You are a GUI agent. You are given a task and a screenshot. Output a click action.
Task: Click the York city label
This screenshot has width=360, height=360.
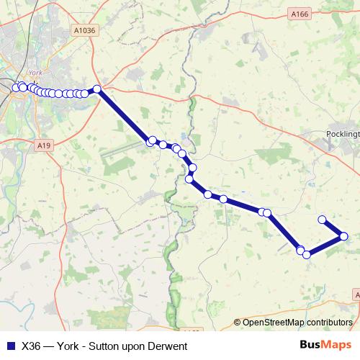coord(34,73)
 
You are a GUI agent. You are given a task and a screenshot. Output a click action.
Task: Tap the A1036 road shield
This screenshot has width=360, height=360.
coord(84,30)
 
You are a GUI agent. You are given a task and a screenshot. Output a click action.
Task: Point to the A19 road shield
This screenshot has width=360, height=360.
coord(45,145)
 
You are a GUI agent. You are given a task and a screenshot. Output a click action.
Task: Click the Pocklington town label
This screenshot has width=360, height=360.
coord(342,135)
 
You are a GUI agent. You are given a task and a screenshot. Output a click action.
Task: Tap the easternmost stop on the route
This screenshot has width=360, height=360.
coord(344,236)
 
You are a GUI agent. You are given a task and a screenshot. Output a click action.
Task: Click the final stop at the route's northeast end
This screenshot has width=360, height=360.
coord(323,220)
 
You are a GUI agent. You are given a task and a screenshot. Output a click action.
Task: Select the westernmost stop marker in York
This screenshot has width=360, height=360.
coord(15,88)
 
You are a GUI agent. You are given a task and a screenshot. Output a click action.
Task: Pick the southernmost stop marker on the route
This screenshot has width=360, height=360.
coord(307,254)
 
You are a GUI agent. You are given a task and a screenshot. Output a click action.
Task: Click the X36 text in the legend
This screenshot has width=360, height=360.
coord(32,346)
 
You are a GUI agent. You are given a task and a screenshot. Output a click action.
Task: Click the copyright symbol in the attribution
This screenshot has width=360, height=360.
coord(237,322)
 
